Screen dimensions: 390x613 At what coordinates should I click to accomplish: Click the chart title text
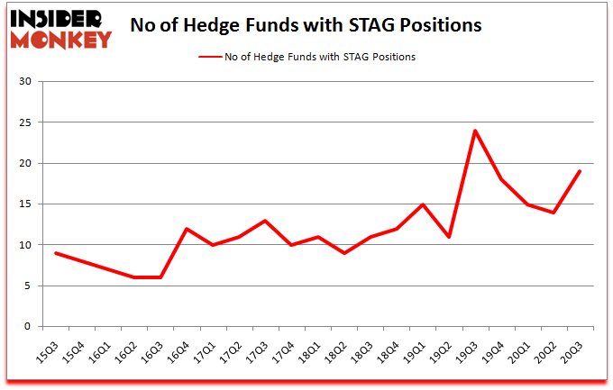pyautogui.click(x=306, y=25)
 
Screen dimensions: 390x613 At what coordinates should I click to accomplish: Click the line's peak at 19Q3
pyautogui.click(x=474, y=131)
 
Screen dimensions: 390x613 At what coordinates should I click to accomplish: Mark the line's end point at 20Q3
pyautogui.click(x=579, y=171)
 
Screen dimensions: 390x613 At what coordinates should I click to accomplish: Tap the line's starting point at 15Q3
pyautogui.click(x=56, y=253)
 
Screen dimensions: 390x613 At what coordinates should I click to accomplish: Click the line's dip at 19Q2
pyautogui.click(x=448, y=237)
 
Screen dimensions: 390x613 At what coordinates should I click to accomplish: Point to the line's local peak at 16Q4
pyautogui.click(x=187, y=229)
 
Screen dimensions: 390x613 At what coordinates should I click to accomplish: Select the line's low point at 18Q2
pyautogui.click(x=343, y=253)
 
